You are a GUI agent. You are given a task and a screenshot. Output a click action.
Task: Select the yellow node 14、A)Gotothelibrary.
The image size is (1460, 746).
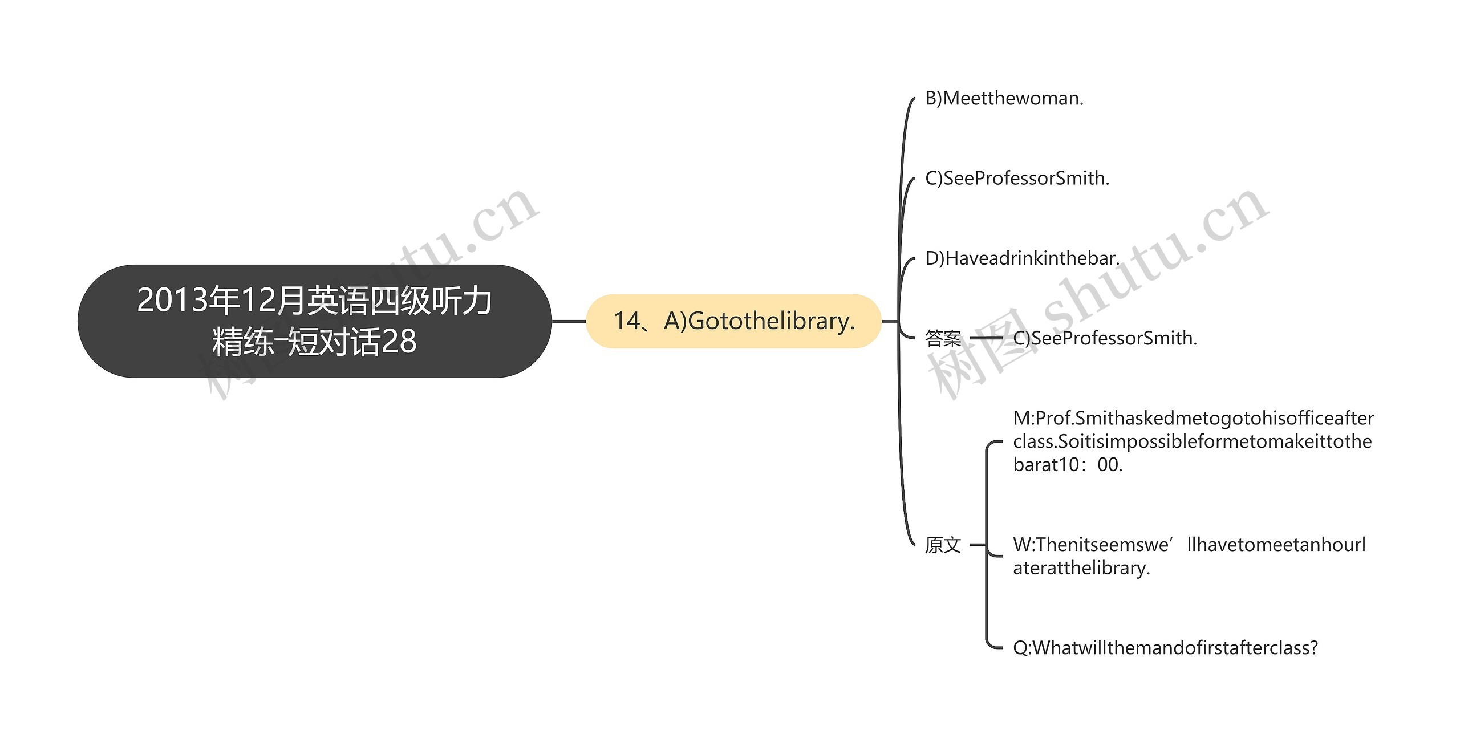click(733, 321)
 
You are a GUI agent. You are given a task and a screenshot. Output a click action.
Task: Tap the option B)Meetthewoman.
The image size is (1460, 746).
click(1004, 99)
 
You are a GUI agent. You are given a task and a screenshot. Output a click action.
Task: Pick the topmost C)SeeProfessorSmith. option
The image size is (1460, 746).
click(1017, 179)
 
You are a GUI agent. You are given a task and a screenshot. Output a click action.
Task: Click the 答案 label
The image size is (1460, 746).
click(943, 339)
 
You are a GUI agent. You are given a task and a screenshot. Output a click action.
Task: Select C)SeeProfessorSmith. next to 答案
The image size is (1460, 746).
click(1105, 338)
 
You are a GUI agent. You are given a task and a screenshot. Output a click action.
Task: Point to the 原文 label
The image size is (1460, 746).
click(943, 545)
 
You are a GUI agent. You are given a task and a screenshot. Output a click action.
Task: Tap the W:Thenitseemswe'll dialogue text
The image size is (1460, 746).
click(1189, 556)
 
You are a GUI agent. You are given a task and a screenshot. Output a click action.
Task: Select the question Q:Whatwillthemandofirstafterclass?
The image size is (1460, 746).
click(1165, 648)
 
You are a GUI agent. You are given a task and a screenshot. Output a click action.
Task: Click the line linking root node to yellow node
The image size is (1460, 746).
click(569, 321)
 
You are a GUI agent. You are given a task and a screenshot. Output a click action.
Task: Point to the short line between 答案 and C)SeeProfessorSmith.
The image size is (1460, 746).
click(986, 338)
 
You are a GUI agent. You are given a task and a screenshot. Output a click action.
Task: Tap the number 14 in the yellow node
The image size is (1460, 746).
click(626, 321)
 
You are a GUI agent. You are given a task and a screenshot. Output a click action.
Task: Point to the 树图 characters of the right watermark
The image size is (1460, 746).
click(981, 354)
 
